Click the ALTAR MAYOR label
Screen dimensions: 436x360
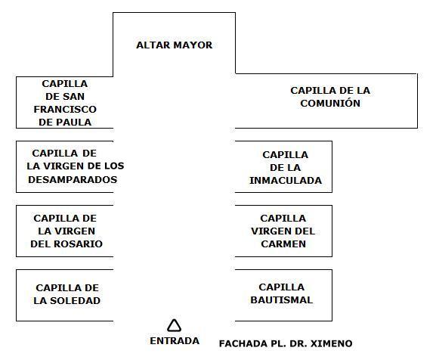175,45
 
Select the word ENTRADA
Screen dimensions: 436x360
175,341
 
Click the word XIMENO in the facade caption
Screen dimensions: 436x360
332,343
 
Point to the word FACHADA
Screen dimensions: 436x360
243,343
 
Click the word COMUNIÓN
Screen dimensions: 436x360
330,103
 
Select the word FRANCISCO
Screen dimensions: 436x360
65,110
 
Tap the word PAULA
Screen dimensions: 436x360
74,122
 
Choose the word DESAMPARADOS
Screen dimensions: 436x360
73,180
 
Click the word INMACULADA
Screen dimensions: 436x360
286,181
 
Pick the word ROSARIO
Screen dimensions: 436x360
78,244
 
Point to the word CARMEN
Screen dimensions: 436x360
283,244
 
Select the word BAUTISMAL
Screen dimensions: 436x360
282,300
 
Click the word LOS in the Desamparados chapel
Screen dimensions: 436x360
113,166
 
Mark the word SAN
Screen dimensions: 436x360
74,97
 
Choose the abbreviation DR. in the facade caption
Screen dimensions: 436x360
298,343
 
